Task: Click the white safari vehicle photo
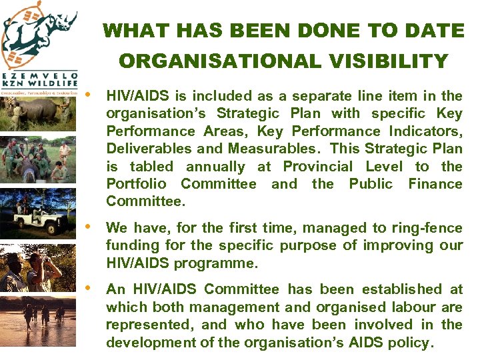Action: pyautogui.click(x=37, y=212)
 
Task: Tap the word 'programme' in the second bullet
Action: pyautogui.click(x=215, y=263)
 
